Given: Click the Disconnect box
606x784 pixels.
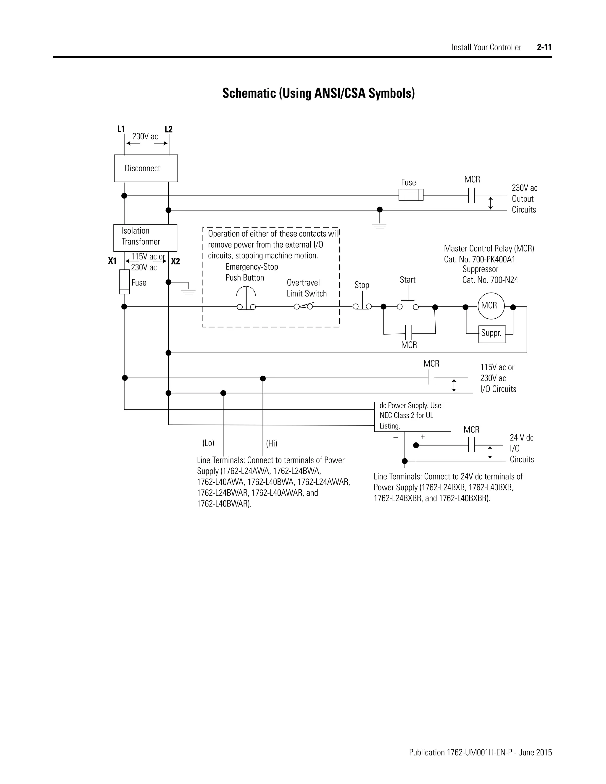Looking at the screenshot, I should pyautogui.click(x=146, y=168).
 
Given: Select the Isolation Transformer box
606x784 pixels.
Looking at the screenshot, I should pyautogui.click(x=145, y=238).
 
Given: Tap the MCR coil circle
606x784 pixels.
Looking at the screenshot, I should pyautogui.click(x=491, y=306).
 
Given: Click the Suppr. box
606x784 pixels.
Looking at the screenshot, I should pyautogui.click(x=492, y=334).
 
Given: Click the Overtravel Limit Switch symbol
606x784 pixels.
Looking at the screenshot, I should pyautogui.click(x=304, y=306).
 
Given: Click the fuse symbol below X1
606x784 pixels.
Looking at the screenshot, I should pyautogui.click(x=124, y=282).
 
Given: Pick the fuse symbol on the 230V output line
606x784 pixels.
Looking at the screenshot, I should pyautogui.click(x=411, y=195).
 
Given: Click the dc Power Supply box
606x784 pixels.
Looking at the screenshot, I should pyautogui.click(x=412, y=417).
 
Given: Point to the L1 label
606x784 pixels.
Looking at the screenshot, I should pyautogui.click(x=121, y=129).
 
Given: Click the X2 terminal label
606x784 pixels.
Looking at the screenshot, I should pyautogui.click(x=175, y=261).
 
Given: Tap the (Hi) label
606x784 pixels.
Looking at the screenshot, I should pyautogui.click(x=271, y=443).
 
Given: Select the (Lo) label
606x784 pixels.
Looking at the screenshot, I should pyautogui.click(x=208, y=443).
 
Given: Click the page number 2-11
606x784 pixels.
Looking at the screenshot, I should pyautogui.click(x=544, y=47).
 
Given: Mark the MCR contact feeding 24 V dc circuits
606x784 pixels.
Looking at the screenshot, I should pyautogui.click(x=471, y=446).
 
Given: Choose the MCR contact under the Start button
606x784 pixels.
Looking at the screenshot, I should pyautogui.click(x=409, y=333).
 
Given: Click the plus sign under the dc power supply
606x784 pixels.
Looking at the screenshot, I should pyautogui.click(x=423, y=437).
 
